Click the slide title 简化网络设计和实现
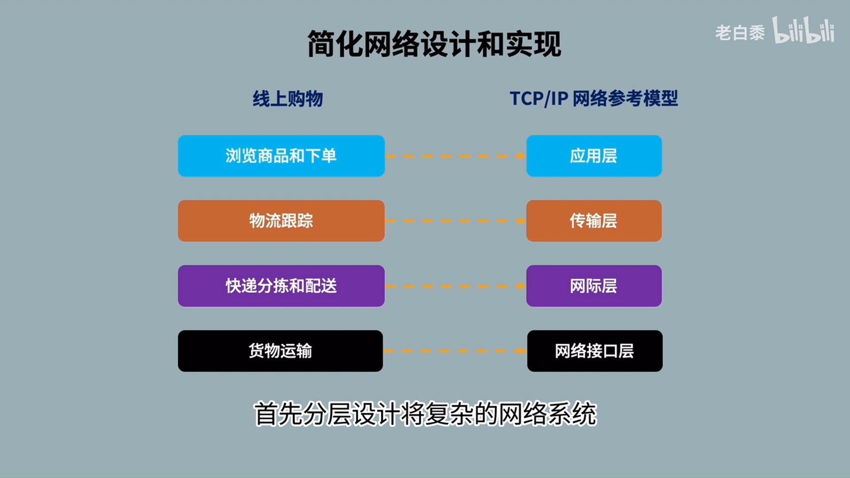coord(434,44)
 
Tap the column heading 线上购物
coord(288,99)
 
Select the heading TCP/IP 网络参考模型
coord(594,99)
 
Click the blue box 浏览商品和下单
coord(281,156)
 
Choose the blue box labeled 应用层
coord(594,156)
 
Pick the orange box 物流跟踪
coord(281,221)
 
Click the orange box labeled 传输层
coord(594,221)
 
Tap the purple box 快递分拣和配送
coord(281,286)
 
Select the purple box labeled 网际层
coord(594,286)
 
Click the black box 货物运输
coord(280,351)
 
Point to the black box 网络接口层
coord(595,351)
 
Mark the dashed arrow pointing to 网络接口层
coord(454,351)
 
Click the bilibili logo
coord(804,31)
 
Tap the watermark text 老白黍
coord(740,33)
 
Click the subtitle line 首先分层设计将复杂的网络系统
coord(425,414)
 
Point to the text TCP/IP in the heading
coord(539,99)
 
